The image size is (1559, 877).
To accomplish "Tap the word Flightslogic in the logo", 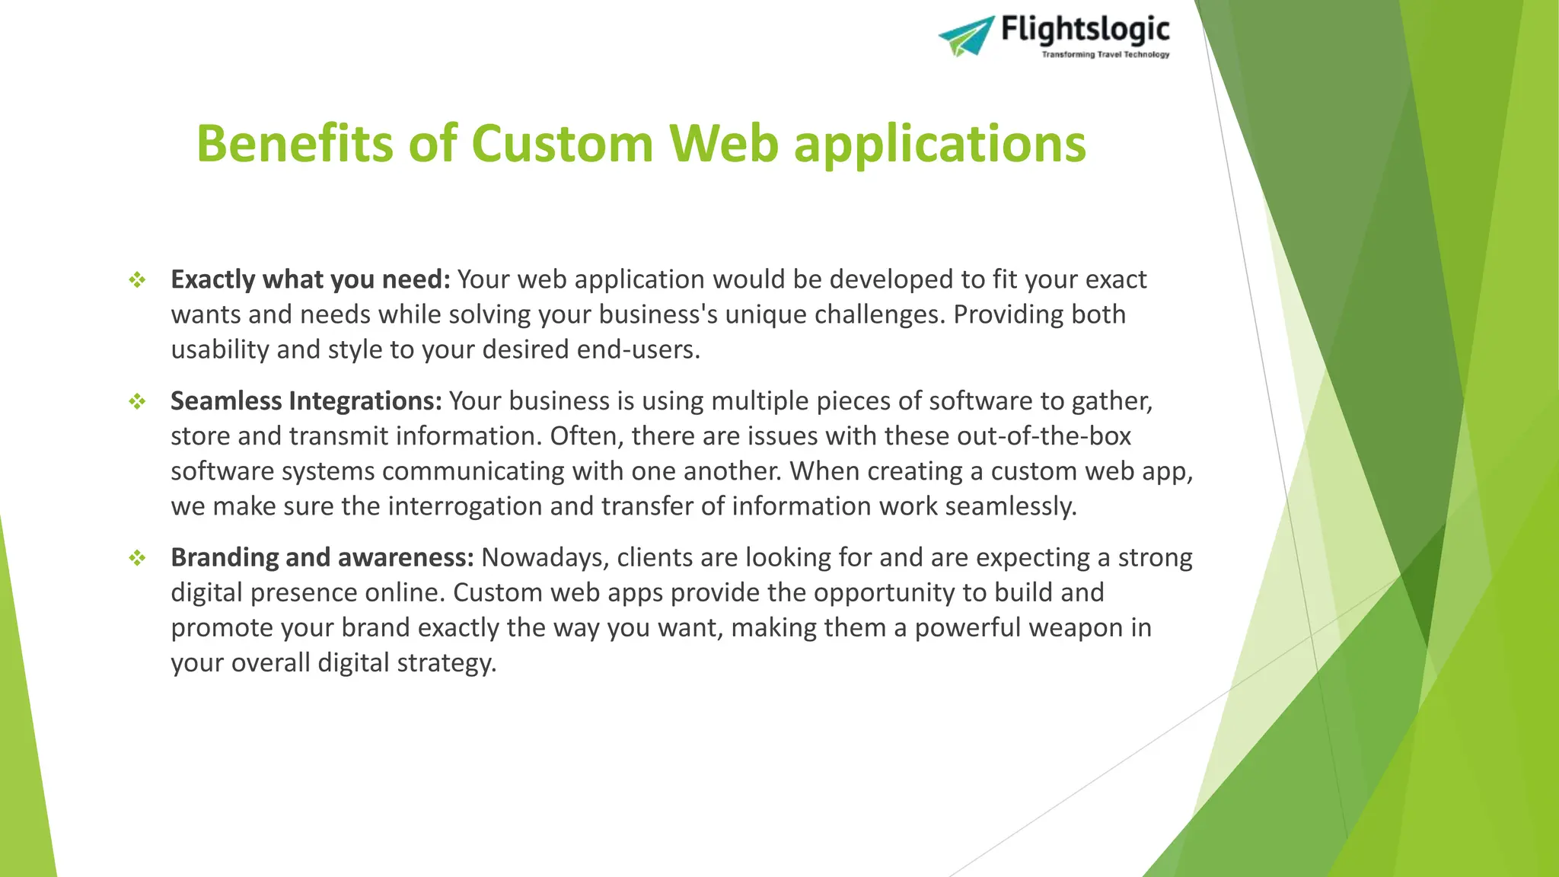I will [1085, 30].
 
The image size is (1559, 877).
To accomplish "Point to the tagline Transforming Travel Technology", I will [1105, 55].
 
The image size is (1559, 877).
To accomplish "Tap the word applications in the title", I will [939, 145].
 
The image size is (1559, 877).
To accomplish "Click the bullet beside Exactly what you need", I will [137, 280].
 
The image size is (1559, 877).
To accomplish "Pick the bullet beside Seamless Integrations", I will [137, 401].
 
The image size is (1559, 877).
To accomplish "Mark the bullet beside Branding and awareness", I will [137, 558].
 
